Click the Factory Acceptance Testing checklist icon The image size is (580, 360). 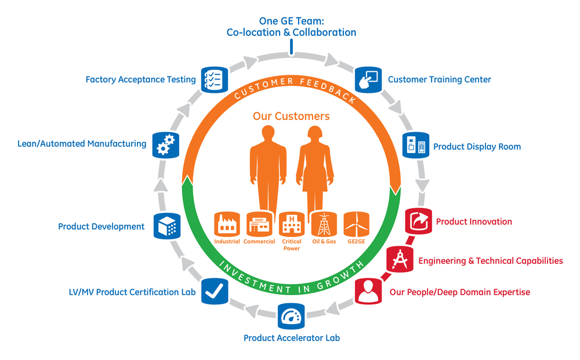point(212,79)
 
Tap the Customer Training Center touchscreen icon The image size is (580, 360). point(367,79)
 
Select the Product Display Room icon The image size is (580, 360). point(416,146)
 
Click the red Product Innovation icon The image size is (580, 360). point(418,221)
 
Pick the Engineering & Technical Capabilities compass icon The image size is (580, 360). point(400,260)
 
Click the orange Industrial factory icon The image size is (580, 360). point(227,224)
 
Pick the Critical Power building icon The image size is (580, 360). point(291,224)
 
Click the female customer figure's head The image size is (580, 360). point(314,135)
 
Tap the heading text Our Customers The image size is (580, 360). point(291,116)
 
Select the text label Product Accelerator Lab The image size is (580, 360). point(292,337)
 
